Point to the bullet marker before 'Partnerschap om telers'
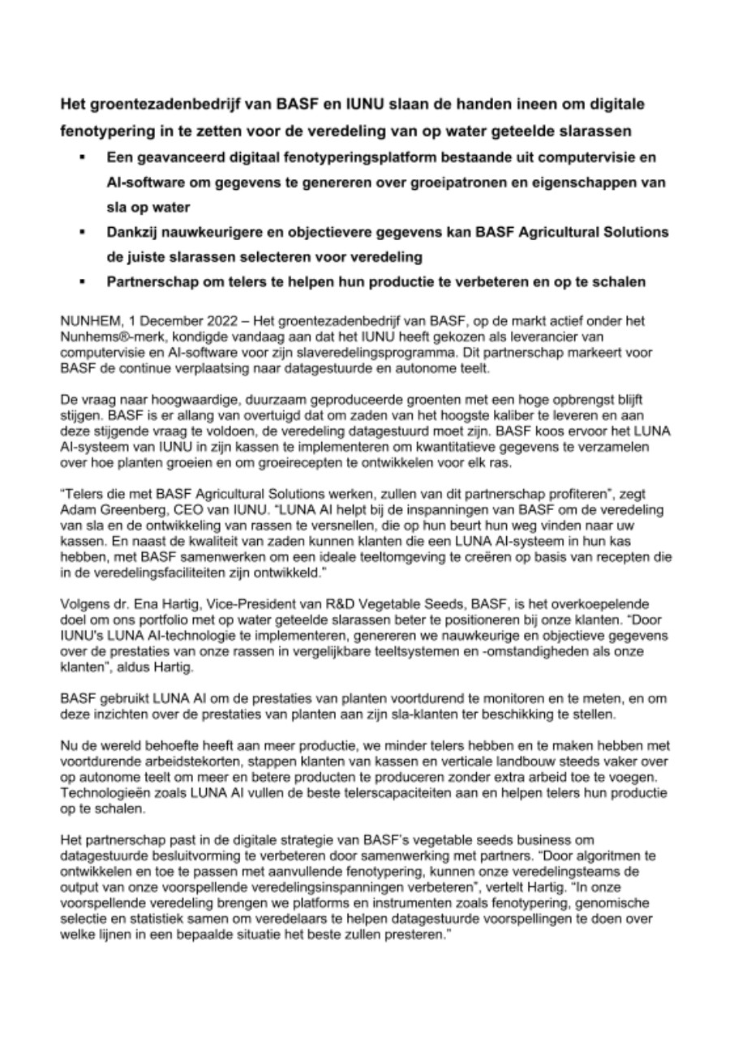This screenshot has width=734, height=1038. (82, 283)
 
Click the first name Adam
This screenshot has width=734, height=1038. (79, 502)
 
